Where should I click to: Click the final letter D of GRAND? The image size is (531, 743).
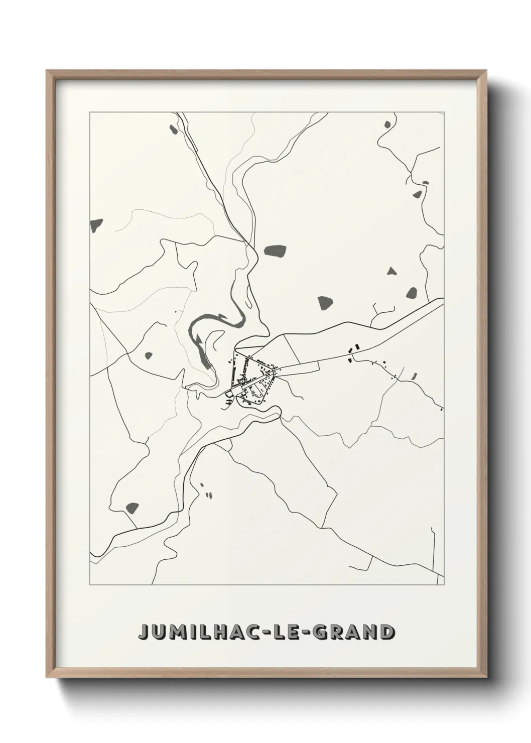tap(386, 632)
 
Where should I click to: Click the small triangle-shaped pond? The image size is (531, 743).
tap(391, 271)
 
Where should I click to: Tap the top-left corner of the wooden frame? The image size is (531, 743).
tap(48, 72)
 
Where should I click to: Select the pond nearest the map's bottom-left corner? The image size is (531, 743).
tap(132, 507)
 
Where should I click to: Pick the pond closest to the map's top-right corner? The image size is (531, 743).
tap(387, 124)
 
